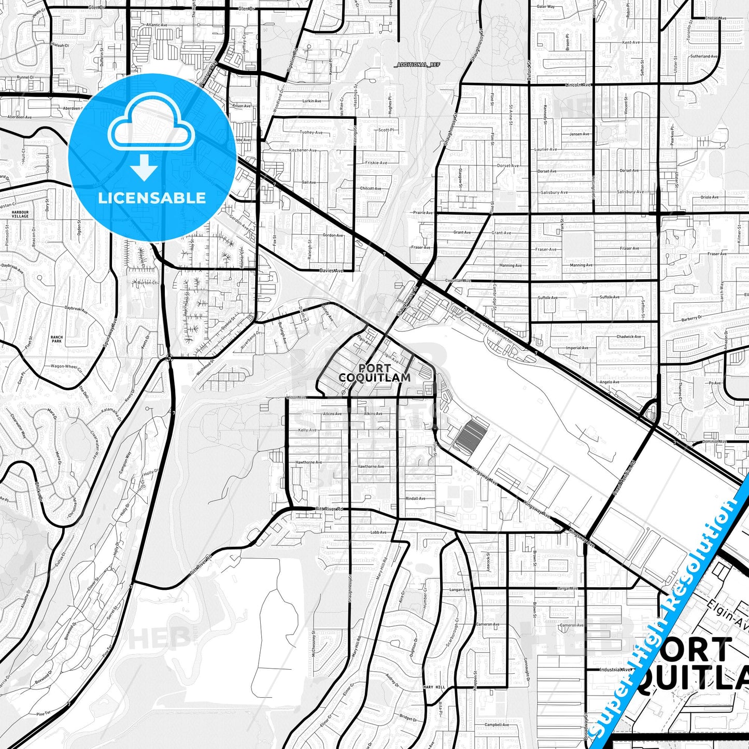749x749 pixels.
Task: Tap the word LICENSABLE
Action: (x=152, y=197)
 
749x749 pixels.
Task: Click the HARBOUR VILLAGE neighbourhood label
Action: (x=20, y=214)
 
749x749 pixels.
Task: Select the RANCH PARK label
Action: (x=56, y=340)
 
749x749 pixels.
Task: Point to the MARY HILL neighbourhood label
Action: (x=434, y=687)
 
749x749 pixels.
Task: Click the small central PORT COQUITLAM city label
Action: (x=374, y=373)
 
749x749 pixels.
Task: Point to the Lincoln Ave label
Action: (x=578, y=84)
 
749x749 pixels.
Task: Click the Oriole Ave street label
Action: (x=709, y=197)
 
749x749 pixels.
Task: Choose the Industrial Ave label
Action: (x=616, y=669)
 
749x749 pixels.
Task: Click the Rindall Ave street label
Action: (x=416, y=499)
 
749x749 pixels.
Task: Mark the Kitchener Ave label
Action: (x=303, y=150)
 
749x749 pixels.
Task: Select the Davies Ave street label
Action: (x=331, y=271)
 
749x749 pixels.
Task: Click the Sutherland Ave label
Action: (x=703, y=56)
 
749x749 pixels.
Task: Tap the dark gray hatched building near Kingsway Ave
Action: (x=471, y=435)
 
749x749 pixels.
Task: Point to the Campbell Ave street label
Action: (x=497, y=725)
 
